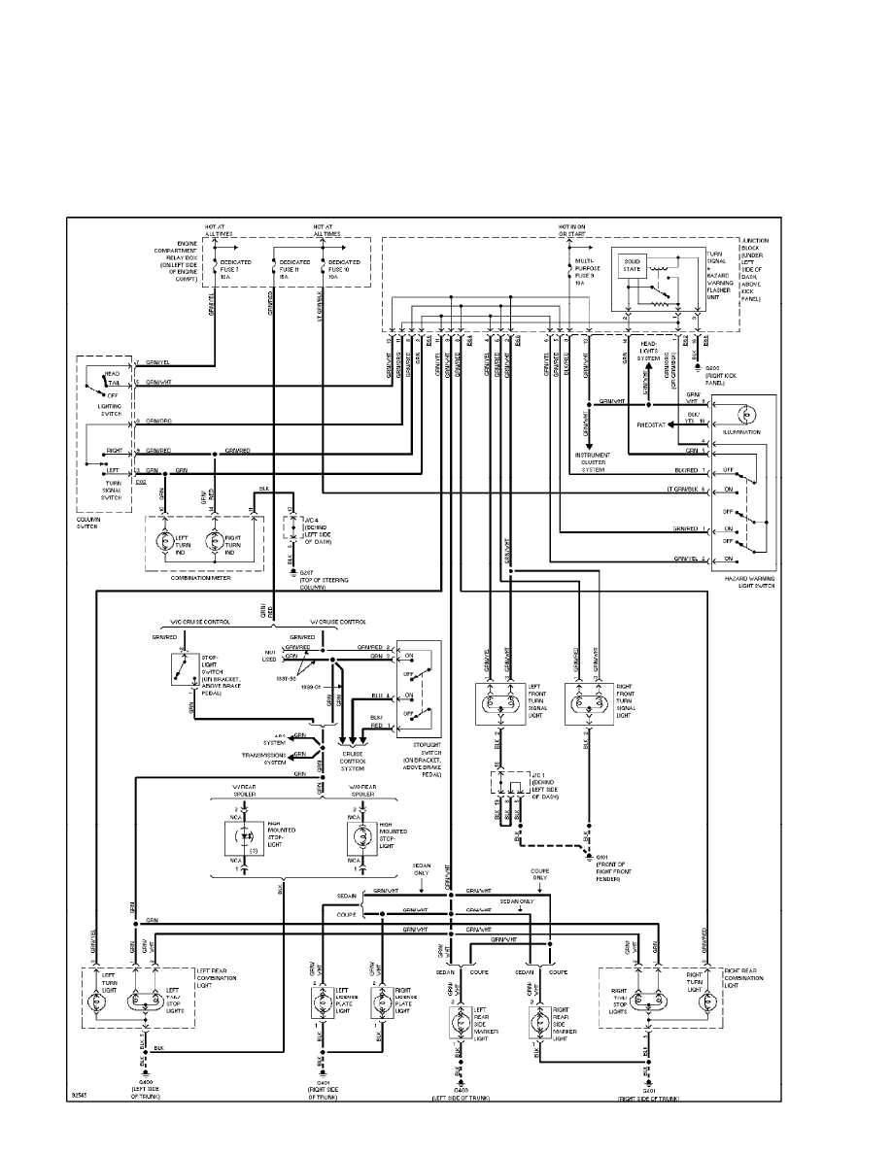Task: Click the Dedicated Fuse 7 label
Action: pyautogui.click(x=237, y=269)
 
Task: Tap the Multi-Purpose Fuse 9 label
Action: pyautogui.click(x=585, y=269)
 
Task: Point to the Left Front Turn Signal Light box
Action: pyautogui.click(x=500, y=703)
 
